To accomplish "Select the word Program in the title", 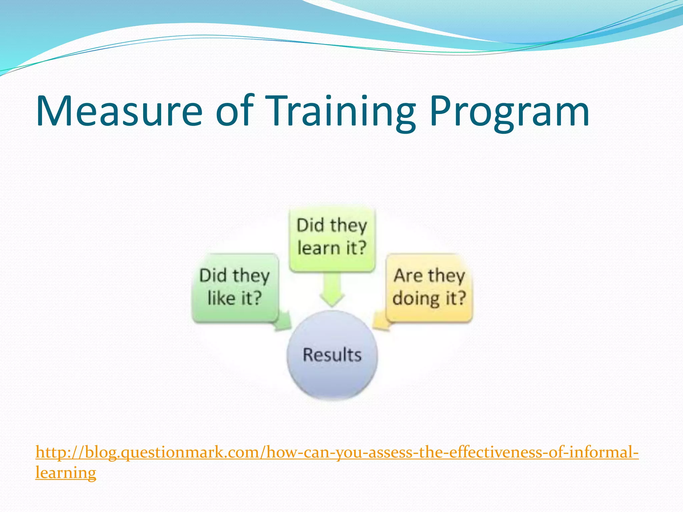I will tap(509, 112).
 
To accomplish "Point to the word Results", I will tap(332, 355).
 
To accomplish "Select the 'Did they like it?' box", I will tap(235, 287).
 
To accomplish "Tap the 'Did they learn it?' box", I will tap(332, 237).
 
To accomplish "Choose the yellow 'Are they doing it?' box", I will tap(430, 287).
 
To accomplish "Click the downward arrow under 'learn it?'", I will tap(331, 290).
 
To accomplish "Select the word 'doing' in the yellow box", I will tap(416, 298).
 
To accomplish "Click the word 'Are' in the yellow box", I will tap(408, 276).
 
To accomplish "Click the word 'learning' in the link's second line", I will tap(66, 473).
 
